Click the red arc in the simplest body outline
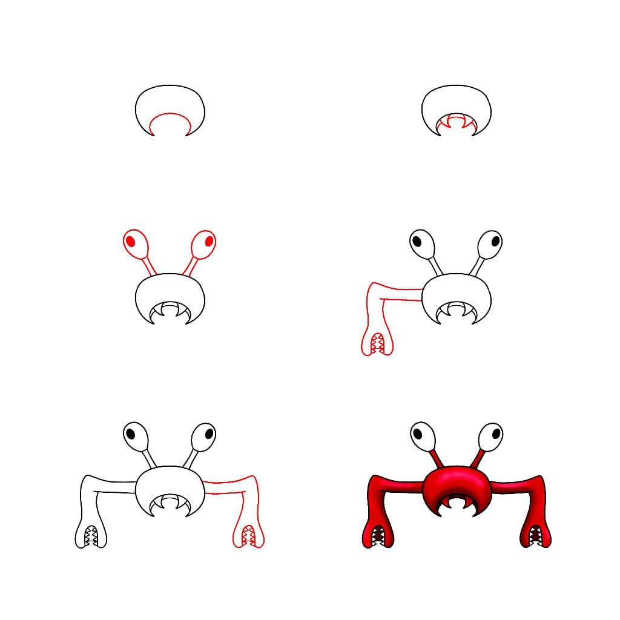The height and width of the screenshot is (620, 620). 170,115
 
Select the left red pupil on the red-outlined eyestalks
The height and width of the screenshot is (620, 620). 130,241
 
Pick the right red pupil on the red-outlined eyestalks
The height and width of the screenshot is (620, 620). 209,241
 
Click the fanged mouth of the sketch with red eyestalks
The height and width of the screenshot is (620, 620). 170,311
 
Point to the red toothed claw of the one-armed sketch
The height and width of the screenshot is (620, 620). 377,344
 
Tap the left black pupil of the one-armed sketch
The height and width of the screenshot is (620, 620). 417,240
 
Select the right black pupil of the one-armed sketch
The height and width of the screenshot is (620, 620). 495,240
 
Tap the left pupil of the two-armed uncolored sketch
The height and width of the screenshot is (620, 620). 130,434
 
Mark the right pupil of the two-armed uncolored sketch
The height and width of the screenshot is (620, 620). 209,434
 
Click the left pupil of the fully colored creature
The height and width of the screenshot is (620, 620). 417,434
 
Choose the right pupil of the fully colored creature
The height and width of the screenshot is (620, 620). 495,434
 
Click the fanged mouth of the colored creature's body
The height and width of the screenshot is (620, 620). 457,504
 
